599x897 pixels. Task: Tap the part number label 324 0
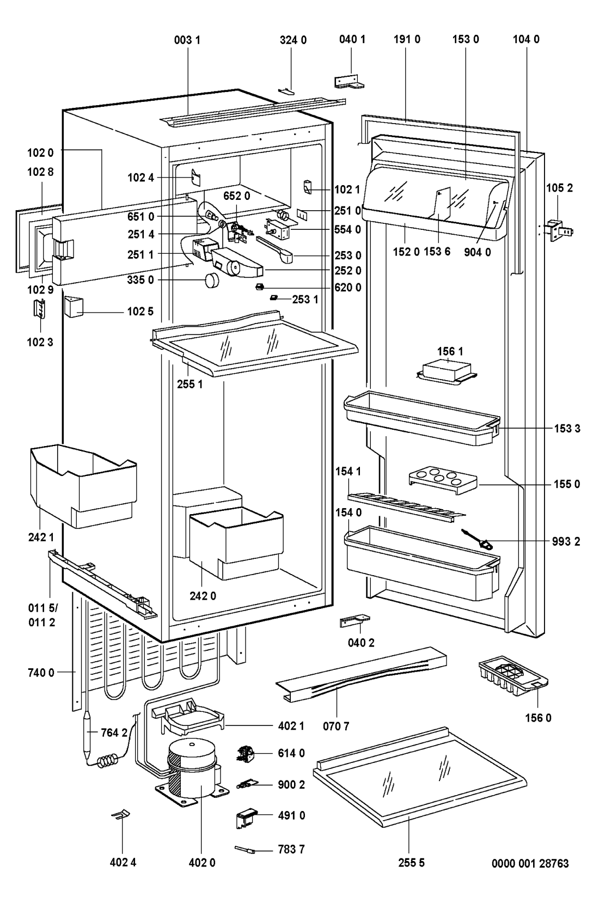pos(294,39)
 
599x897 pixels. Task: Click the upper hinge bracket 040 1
pos(348,81)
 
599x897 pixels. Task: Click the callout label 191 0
pos(406,39)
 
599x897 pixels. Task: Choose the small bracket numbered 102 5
pos(72,307)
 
